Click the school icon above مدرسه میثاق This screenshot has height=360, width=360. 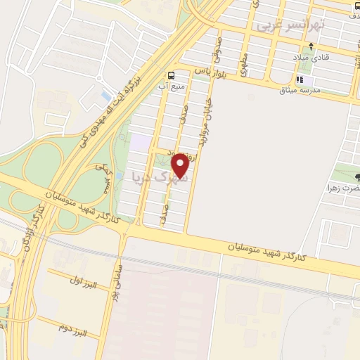(300, 79)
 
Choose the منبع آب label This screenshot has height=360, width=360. (173, 87)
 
